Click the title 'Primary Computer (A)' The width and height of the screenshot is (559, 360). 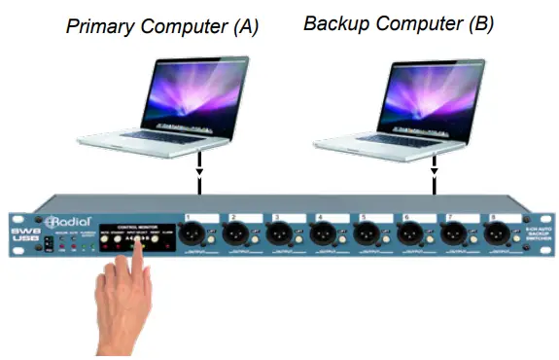click(162, 26)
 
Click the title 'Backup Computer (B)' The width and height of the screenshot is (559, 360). click(399, 23)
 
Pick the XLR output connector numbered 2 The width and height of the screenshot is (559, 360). click(234, 234)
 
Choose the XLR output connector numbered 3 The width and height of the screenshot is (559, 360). click(278, 234)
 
